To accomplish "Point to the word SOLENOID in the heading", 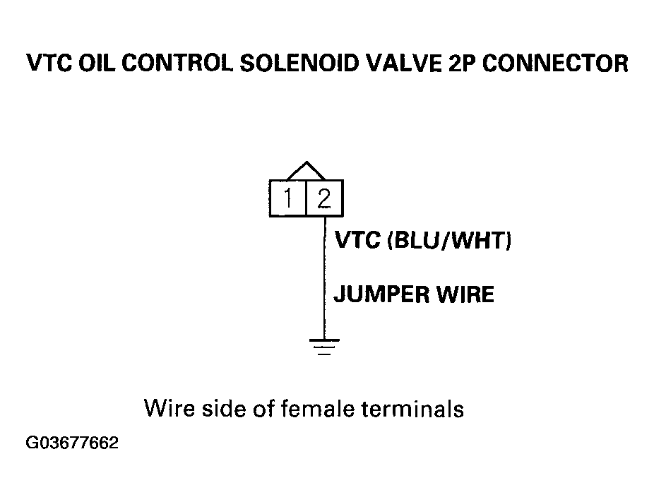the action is click(299, 64).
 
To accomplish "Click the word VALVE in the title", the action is click(403, 64).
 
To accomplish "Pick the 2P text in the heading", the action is click(462, 64).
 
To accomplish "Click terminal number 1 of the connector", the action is click(287, 198).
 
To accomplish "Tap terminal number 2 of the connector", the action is click(324, 198).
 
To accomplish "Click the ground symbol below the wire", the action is click(324, 347).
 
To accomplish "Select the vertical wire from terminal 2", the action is click(325, 277).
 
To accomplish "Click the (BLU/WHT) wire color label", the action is click(450, 241).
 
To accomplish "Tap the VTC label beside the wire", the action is click(358, 240).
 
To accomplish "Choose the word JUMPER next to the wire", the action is click(381, 294).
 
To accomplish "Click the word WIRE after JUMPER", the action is click(465, 294).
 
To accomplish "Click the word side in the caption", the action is click(224, 408).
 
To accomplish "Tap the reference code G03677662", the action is click(72, 443).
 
